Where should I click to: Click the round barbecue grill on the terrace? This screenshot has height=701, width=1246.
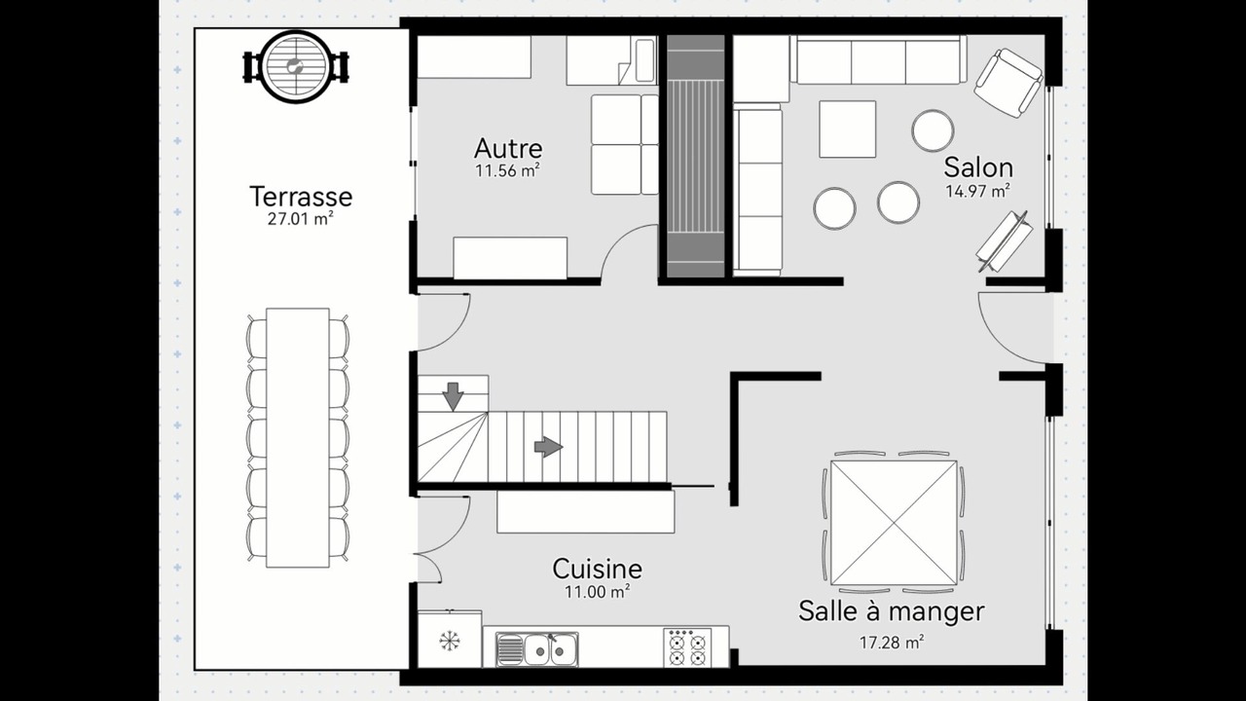(295, 67)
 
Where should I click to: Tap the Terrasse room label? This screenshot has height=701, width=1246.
(301, 197)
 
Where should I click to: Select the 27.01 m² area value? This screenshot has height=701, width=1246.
(301, 219)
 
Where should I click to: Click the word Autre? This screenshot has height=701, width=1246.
(508, 149)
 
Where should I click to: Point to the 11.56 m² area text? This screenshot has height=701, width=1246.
(508, 170)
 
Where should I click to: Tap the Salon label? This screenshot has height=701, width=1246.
(978, 167)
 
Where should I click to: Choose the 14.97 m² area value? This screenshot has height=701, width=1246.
(978, 191)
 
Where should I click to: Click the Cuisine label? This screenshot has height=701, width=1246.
(598, 569)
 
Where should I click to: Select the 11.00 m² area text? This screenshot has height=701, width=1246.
(598, 592)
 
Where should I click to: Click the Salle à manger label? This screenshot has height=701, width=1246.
(892, 610)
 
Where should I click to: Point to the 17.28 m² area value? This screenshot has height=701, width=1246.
(892, 643)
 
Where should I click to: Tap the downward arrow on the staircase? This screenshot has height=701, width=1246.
(453, 396)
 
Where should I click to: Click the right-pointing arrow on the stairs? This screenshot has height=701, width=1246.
(548, 447)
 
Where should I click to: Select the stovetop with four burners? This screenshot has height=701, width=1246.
(687, 647)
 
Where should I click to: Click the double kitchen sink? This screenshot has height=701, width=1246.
(536, 648)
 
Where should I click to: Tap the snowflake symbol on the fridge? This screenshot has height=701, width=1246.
(450, 641)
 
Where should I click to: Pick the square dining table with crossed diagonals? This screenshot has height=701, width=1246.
(894, 523)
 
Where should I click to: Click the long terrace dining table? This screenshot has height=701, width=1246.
(298, 438)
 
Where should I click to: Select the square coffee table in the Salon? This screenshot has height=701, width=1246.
(847, 129)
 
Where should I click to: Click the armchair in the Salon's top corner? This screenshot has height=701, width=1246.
(1008, 83)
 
